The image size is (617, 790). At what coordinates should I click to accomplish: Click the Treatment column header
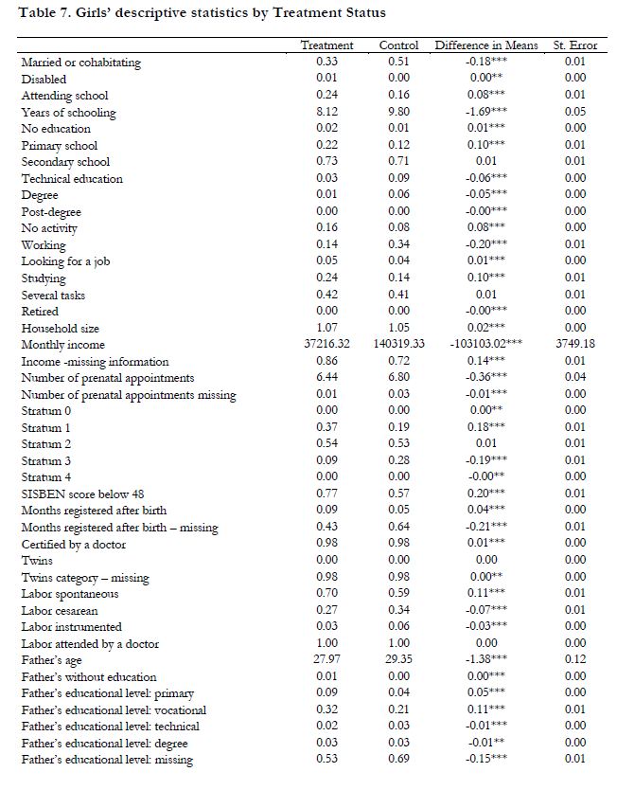click(x=326, y=45)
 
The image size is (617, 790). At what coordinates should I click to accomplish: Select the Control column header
click(x=398, y=45)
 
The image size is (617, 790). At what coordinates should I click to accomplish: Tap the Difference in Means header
click(x=486, y=45)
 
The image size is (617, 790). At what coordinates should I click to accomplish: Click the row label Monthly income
click(x=63, y=345)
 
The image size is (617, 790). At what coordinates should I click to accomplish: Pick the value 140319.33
click(x=398, y=345)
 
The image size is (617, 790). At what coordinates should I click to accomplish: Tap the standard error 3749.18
click(x=575, y=345)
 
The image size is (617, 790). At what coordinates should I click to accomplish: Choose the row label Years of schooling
click(x=69, y=112)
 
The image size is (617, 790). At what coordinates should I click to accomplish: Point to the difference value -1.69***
click(x=488, y=112)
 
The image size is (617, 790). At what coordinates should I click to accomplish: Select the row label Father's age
click(x=54, y=661)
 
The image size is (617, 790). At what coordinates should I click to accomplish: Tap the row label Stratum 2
click(x=46, y=444)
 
